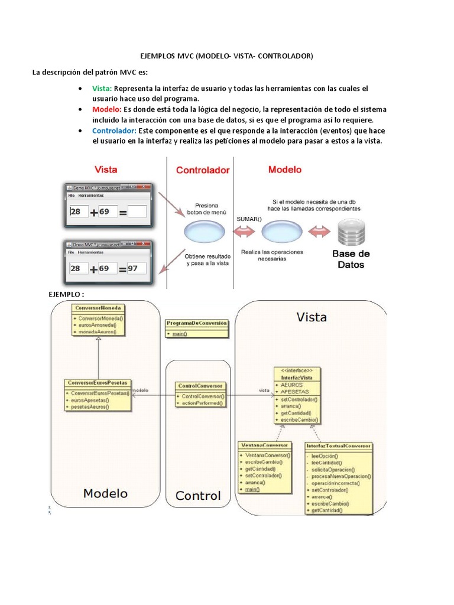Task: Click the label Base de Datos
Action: [351, 259]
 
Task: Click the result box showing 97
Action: [136, 269]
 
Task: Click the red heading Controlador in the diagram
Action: [202, 170]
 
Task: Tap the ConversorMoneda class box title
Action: [98, 308]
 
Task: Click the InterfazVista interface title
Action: [297, 376]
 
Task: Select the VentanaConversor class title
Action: [264, 445]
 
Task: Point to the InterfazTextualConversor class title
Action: [339, 446]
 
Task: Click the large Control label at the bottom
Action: [198, 496]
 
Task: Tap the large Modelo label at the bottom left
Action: [105, 493]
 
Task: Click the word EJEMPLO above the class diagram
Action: [65, 294]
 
